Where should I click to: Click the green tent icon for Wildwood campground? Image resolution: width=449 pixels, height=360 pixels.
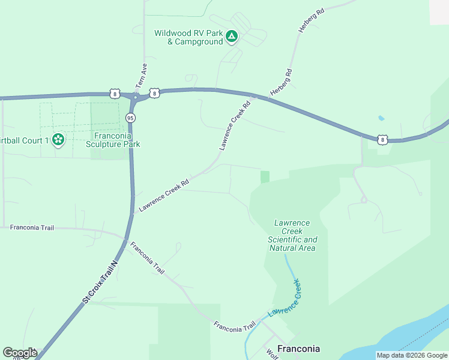click(x=232, y=37)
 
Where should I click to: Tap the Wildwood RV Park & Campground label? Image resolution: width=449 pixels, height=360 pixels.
click(x=188, y=38)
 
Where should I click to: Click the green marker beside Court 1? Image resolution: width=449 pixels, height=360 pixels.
click(x=58, y=140)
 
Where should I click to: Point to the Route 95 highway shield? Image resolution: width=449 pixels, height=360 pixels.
click(x=130, y=118)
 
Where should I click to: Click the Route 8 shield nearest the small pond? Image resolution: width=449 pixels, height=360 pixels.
click(x=382, y=140)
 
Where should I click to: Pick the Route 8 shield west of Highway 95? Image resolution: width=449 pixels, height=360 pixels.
click(x=114, y=93)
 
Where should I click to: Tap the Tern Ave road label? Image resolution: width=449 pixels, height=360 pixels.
click(x=142, y=73)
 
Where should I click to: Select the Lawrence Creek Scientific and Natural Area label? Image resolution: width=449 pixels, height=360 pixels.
click(x=292, y=235)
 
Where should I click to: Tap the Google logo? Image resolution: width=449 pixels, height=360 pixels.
click(x=19, y=353)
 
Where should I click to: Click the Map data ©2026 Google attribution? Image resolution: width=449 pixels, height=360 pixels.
click(x=412, y=355)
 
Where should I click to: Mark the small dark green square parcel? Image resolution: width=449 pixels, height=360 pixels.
click(x=265, y=176)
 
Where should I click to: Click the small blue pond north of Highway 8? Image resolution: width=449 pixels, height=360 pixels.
click(x=381, y=118)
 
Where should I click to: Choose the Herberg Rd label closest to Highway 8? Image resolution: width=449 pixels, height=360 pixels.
click(x=281, y=82)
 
